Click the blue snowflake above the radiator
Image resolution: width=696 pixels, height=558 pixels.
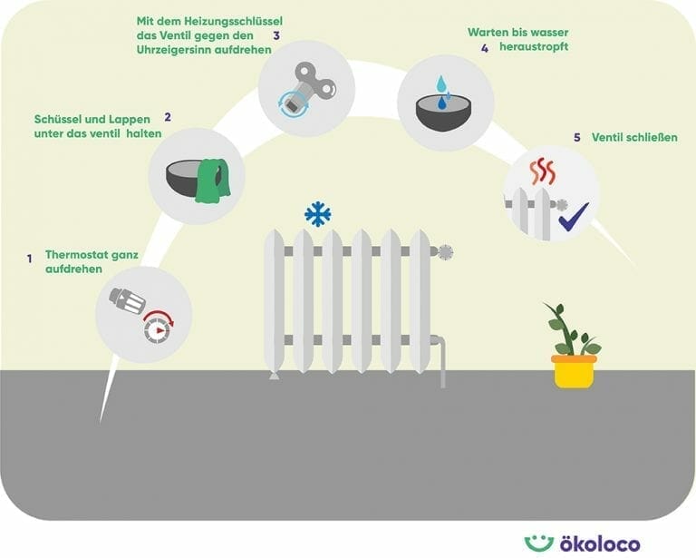(x=317, y=214)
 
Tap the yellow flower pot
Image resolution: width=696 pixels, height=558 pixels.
(x=574, y=371)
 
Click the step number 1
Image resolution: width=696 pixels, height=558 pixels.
(x=29, y=259)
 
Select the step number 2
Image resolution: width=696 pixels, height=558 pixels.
(x=168, y=117)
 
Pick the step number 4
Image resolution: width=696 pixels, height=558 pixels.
(x=485, y=48)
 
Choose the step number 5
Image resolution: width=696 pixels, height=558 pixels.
(x=577, y=137)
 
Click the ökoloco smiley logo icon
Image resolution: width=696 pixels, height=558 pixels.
(x=538, y=543)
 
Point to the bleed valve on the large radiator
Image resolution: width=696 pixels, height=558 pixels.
(x=444, y=252)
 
